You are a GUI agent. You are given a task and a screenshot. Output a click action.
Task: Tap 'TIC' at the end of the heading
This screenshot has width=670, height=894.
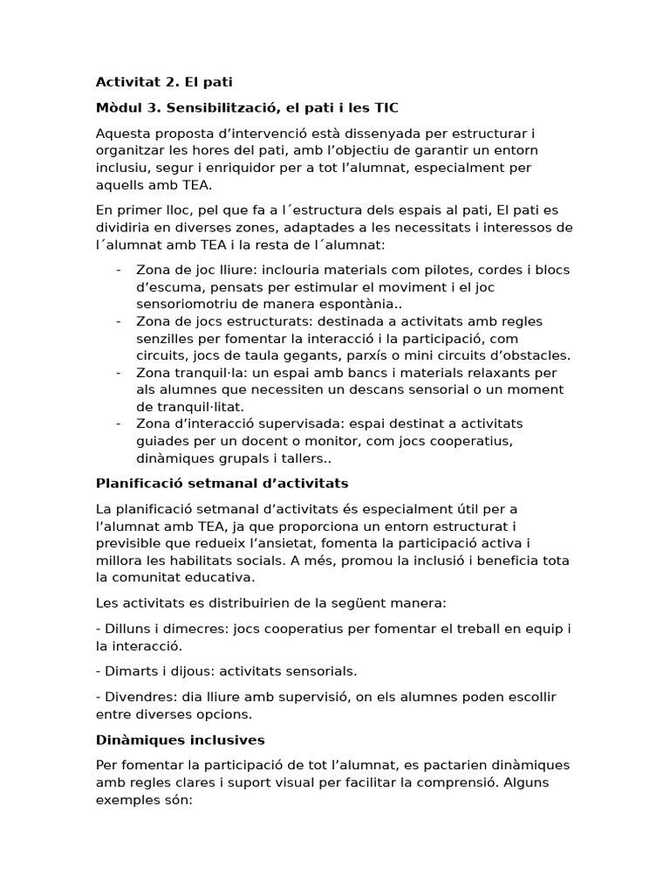[385, 107]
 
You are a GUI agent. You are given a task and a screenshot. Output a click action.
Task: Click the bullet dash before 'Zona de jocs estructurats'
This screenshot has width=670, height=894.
[118, 320]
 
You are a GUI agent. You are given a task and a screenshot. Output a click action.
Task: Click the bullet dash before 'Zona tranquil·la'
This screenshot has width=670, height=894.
[118, 373]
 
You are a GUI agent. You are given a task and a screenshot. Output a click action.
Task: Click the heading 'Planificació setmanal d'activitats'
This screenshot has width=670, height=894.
[222, 483]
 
